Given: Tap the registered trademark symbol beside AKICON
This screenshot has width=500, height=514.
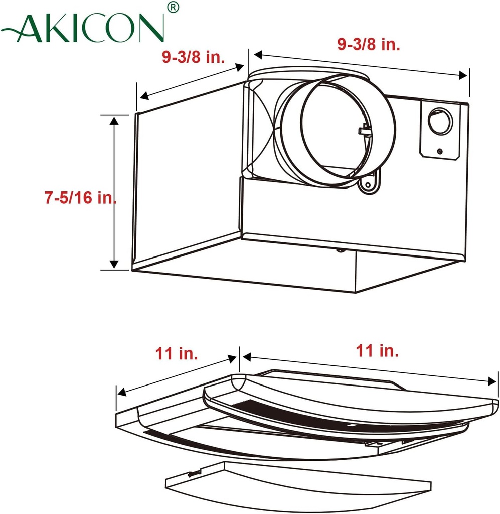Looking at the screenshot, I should [172, 8].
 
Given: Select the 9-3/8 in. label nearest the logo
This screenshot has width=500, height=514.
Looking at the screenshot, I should [193, 57].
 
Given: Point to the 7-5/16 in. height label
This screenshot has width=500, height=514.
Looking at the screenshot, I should [80, 198].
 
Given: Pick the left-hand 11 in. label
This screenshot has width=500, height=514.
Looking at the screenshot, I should [177, 354].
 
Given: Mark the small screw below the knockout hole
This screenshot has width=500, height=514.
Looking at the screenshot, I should [439, 151].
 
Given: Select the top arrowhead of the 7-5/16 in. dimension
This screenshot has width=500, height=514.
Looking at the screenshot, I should [114, 120].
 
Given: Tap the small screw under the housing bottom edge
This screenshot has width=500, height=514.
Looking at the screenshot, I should [341, 249].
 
